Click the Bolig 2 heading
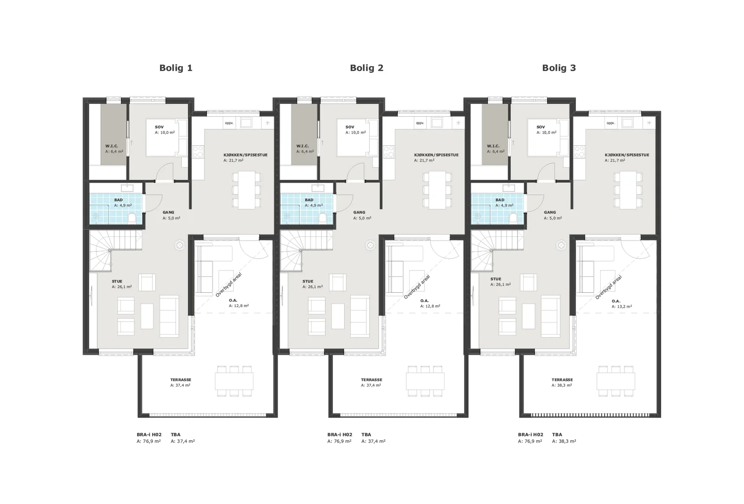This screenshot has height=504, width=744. pos(366,68)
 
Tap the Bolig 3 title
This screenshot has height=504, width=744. pos(558,68)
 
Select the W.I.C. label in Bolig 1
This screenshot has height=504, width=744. pos(112,146)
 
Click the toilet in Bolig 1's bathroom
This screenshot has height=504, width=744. pos(132,218)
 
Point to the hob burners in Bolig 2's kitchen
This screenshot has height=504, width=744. pos(389,152)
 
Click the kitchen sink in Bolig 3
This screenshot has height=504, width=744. pos(627,123)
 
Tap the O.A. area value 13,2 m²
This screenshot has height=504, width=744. pos(622,307)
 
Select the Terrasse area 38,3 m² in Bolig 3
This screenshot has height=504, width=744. pos(562,385)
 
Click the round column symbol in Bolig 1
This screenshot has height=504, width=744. pos(179,245)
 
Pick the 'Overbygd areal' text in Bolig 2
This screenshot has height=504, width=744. pos(417,287)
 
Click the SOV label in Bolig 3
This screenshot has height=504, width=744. pos(540,127)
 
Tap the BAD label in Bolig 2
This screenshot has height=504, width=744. pos(309,200)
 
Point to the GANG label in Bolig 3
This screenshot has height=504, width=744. pos(550,212)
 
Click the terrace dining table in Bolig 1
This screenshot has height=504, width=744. pos(234,381)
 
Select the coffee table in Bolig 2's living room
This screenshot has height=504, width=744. pos(338,316)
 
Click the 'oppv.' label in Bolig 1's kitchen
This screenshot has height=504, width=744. pos(229,123)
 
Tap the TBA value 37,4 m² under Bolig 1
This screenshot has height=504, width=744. pos(183,441)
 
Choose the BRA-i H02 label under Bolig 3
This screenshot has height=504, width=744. pos(531,435)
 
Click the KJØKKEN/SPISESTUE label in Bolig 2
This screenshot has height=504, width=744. pos(436,155)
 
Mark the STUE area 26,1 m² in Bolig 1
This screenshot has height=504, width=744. pos(121,287)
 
